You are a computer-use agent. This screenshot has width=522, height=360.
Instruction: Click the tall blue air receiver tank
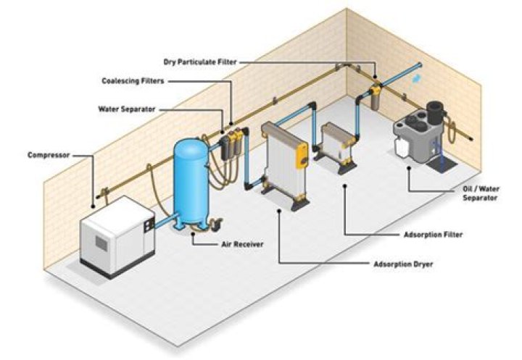tap(192, 181)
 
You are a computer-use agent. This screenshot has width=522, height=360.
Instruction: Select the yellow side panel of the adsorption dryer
tap(305, 155)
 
